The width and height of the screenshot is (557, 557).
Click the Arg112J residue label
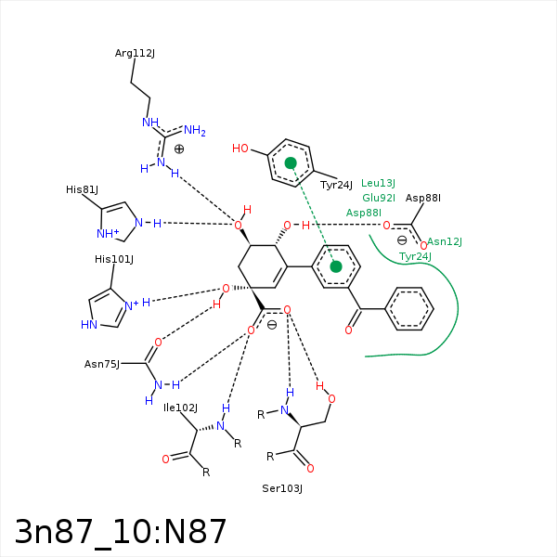tap(135, 53)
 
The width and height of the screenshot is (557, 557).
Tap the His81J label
tap(82, 189)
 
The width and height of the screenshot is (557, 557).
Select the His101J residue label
tap(114, 259)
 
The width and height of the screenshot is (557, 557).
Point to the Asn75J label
tap(102, 364)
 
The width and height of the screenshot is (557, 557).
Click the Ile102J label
tap(180, 408)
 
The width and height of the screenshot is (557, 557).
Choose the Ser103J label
tap(282, 487)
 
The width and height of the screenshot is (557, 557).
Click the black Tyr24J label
tap(336, 185)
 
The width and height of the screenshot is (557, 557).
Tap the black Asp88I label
tap(422, 198)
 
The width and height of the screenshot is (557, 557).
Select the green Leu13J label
tap(378, 183)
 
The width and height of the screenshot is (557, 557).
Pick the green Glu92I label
tap(379, 198)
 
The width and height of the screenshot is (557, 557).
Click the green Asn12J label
tap(445, 241)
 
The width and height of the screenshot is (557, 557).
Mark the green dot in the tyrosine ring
tap(291, 162)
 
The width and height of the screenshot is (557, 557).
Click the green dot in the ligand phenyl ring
tap(336, 266)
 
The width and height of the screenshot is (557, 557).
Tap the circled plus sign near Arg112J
tap(179, 149)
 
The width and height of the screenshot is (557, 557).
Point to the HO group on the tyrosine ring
tap(240, 149)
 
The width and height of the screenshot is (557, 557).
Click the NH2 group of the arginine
tap(194, 130)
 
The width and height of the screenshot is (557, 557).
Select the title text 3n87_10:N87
tap(121, 531)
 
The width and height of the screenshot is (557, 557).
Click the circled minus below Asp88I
tap(401, 240)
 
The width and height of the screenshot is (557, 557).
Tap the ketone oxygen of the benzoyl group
tap(348, 330)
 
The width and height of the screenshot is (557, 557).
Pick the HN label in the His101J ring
tap(89, 325)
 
